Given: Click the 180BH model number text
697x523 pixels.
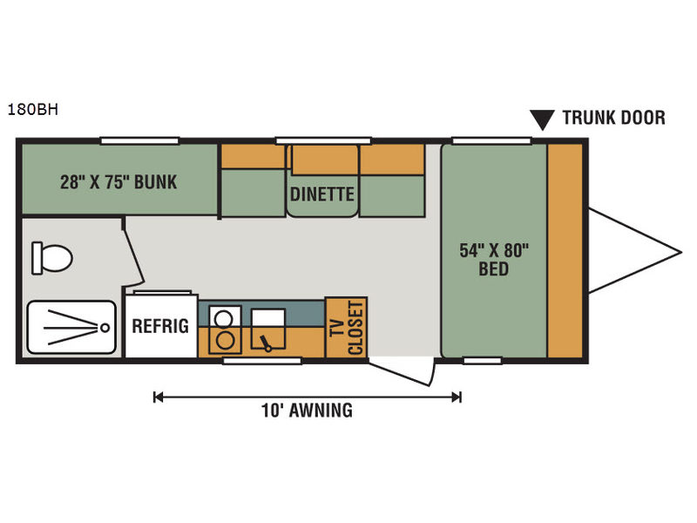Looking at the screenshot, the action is [33, 110].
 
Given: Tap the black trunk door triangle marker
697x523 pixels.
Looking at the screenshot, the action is [542, 119].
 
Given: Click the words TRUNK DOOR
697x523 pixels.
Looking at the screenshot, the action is [614, 118].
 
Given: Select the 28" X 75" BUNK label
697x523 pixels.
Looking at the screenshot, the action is [118, 182].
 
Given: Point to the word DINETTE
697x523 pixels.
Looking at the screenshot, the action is [322, 194].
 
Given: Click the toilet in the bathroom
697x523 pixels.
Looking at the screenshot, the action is [51, 258].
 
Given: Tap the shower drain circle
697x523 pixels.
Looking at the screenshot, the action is [105, 328].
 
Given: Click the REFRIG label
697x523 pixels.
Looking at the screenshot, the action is [160, 326].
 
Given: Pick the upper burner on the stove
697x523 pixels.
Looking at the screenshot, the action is [224, 319].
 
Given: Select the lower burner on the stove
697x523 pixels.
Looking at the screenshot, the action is [225, 340].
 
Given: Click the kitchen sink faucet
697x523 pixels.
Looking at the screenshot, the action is [266, 343].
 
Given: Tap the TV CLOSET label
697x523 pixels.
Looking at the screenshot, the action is [348, 328].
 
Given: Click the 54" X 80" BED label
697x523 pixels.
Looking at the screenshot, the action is [494, 260].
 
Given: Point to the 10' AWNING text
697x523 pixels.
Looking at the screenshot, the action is [308, 411].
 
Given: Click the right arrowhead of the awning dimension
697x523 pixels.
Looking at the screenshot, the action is [457, 397].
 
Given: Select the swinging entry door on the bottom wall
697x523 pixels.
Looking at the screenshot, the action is [400, 373].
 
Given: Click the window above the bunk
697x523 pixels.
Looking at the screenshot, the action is [139, 141].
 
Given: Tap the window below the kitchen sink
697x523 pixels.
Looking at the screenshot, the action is [262, 361].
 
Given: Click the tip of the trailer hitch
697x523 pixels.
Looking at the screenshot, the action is [681, 253].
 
